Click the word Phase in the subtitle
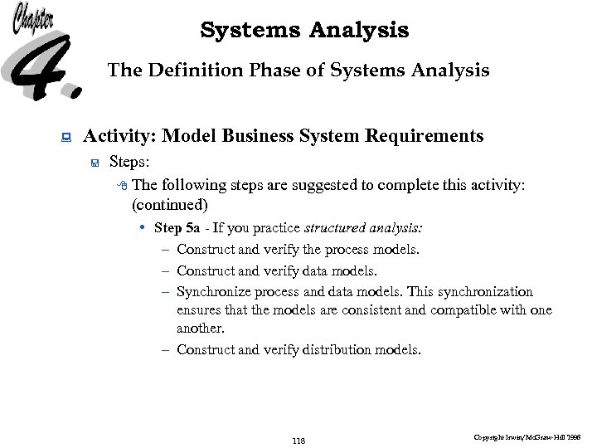tap(277, 71)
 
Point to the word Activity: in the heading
tap(121, 135)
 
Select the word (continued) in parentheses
tap(169, 204)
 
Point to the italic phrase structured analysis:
tap(364, 227)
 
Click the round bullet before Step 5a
tap(143, 227)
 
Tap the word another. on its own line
tap(201, 329)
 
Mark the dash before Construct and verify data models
tap(167, 271)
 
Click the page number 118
tap(298, 441)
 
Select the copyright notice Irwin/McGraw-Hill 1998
tap(527, 436)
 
